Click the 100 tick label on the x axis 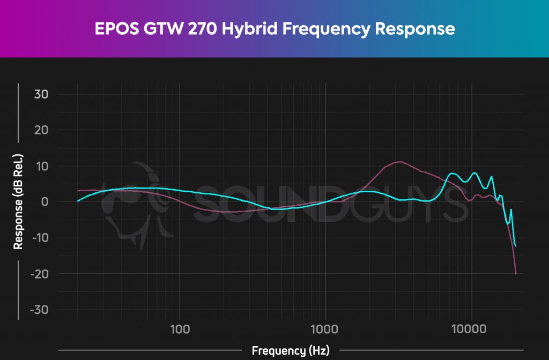(x=179, y=327)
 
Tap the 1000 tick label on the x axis (x=325, y=327)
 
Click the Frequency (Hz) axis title (x=290, y=351)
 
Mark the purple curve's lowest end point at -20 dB (x=516, y=274)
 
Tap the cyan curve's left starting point (x=78, y=201)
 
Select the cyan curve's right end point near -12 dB (x=516, y=246)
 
